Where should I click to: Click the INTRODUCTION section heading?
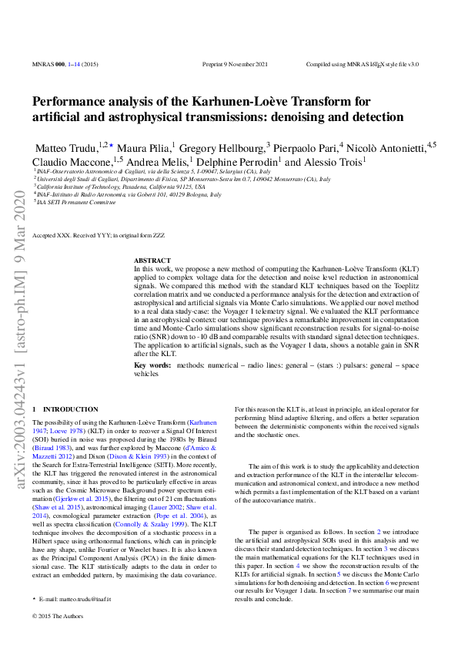click(x=70, y=409)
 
